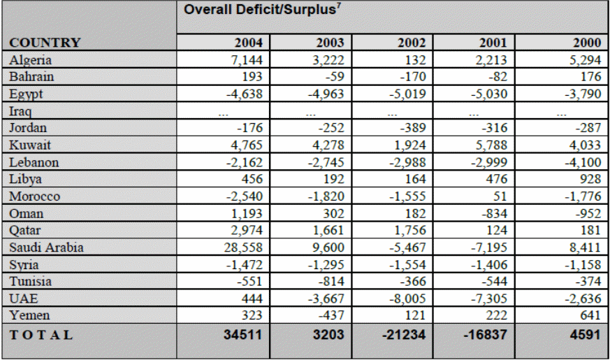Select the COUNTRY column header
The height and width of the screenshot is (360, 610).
click(x=45, y=43)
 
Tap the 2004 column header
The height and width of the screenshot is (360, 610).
click(x=247, y=43)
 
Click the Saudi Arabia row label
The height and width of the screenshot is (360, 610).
click(x=47, y=247)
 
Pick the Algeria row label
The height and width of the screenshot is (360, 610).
click(x=31, y=60)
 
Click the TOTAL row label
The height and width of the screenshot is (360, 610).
click(x=41, y=334)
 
